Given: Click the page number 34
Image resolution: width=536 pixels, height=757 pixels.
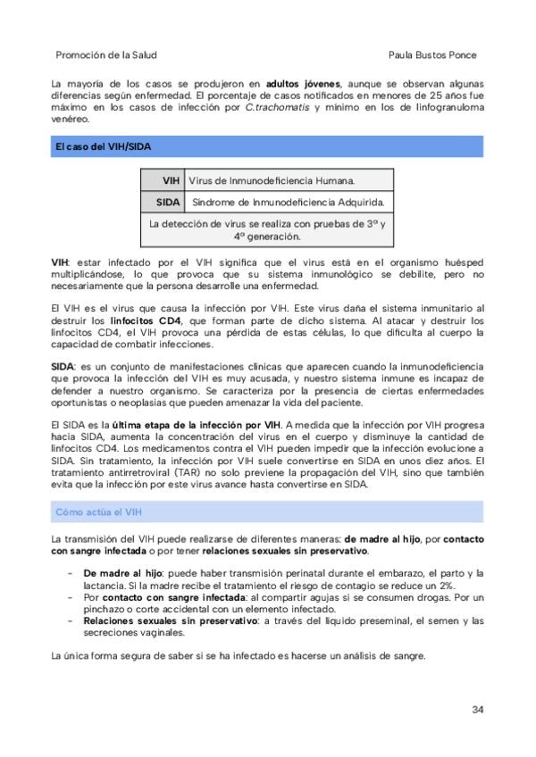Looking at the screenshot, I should click(478, 710).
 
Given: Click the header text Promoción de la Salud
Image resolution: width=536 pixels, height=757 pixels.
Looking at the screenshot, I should click(106, 54).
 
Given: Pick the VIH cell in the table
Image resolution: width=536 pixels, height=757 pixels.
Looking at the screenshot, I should click(164, 181).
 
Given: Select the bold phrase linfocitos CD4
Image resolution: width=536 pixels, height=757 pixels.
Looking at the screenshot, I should click(141, 319).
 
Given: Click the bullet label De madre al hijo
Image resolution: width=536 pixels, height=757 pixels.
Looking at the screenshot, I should click(123, 572).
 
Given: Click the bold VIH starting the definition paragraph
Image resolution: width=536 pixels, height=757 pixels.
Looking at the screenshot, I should click(60, 263).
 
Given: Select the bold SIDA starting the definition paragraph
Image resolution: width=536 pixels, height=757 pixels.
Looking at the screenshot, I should click(63, 367).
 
